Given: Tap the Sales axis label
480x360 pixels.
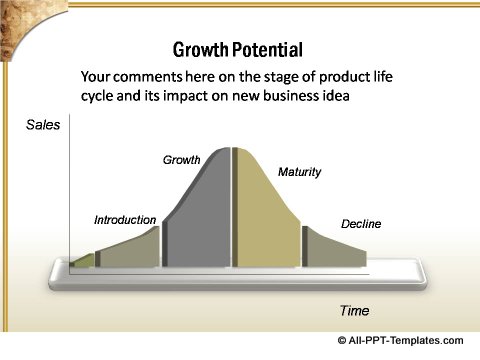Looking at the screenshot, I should tap(43, 125).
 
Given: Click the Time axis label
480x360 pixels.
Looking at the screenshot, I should tap(354, 310).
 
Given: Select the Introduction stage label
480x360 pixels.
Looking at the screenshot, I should tap(125, 219).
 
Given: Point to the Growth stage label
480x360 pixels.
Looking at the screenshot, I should tap(182, 159).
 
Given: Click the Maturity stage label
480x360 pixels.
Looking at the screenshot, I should tap(299, 172).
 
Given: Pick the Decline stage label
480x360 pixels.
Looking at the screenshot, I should tap(361, 224).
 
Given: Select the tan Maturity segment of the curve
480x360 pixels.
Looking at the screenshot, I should tap(265, 215).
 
